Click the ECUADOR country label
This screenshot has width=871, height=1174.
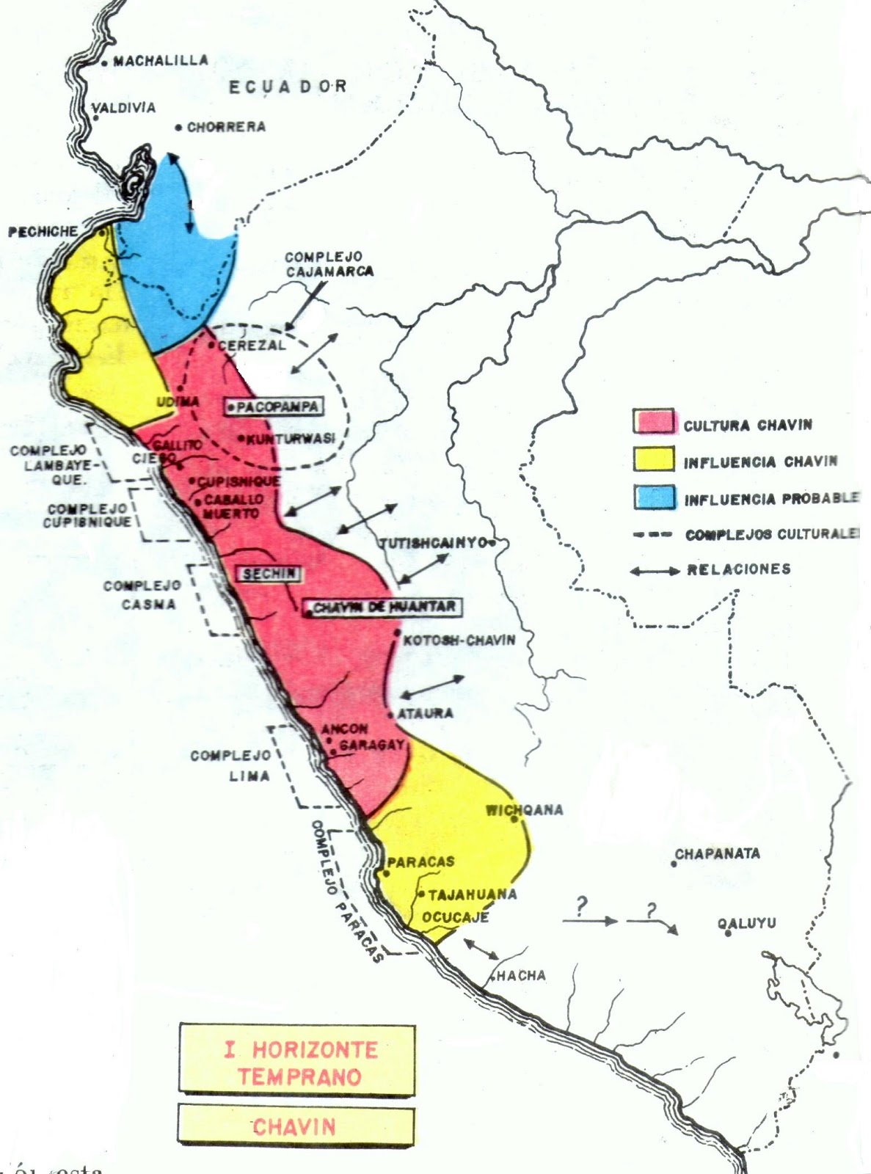coord(288,87)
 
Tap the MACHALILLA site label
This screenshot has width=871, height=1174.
coord(160,61)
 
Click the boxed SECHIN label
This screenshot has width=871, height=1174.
coord(268,574)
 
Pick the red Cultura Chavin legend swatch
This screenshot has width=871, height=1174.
coord(653,422)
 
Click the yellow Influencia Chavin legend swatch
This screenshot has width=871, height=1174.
coord(653,459)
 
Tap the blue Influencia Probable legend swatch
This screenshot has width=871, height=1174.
coord(653,497)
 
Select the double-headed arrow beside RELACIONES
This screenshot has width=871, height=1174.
coord(655,570)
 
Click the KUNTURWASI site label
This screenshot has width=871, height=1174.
coord(291,439)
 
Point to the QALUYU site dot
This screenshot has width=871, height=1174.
coord(727,934)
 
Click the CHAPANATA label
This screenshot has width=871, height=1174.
coord(717,854)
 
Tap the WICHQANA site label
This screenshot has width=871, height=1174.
coord(524,810)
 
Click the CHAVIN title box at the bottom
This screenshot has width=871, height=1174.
coord(296,1126)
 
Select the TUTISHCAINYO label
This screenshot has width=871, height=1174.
coord(433,544)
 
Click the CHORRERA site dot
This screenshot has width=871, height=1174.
coord(178,128)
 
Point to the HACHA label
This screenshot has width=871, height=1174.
coord(521,975)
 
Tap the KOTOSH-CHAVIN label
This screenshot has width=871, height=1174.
coord(459,640)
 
